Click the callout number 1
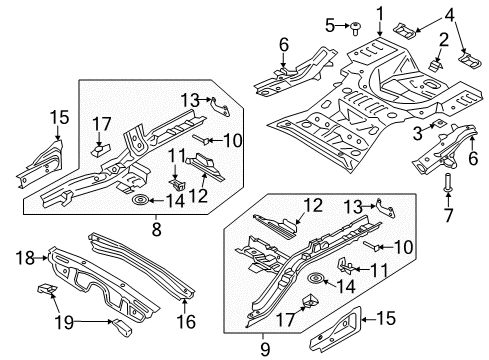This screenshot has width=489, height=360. [x=379, y=12]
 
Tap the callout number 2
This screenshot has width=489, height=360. [x=440, y=40]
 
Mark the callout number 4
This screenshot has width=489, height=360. [x=449, y=13]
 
